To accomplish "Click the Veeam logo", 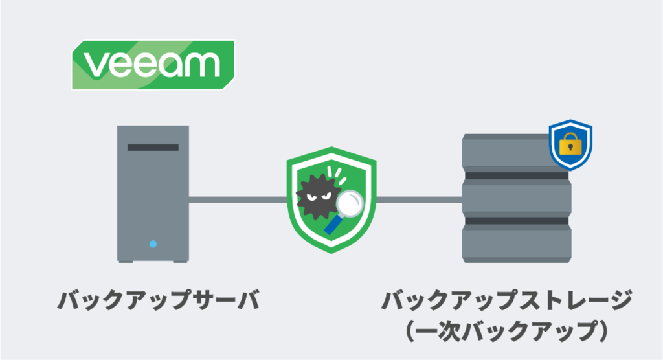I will coord(153,65).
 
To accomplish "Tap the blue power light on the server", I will coord(153,244).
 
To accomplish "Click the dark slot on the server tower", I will coord(153,148).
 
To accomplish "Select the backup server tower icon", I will coord(153,194).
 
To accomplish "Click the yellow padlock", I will coord(570,144).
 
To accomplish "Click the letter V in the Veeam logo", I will coord(96,65).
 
